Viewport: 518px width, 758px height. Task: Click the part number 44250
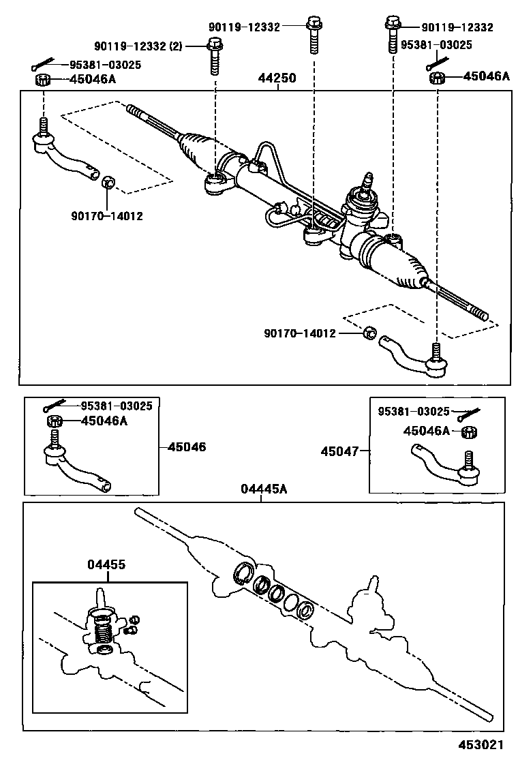pyautogui.click(x=277, y=78)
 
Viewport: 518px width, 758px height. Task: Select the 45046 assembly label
pyautogui.click(x=187, y=447)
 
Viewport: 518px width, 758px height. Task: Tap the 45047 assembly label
pyautogui.click(x=340, y=451)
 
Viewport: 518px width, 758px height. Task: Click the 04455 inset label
pyautogui.click(x=106, y=564)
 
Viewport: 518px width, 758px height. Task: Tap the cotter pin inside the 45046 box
pyautogui.click(x=52, y=406)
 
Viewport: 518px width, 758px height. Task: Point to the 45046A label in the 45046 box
pyautogui.click(x=104, y=421)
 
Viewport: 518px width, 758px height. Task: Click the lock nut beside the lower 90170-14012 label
pyautogui.click(x=368, y=333)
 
